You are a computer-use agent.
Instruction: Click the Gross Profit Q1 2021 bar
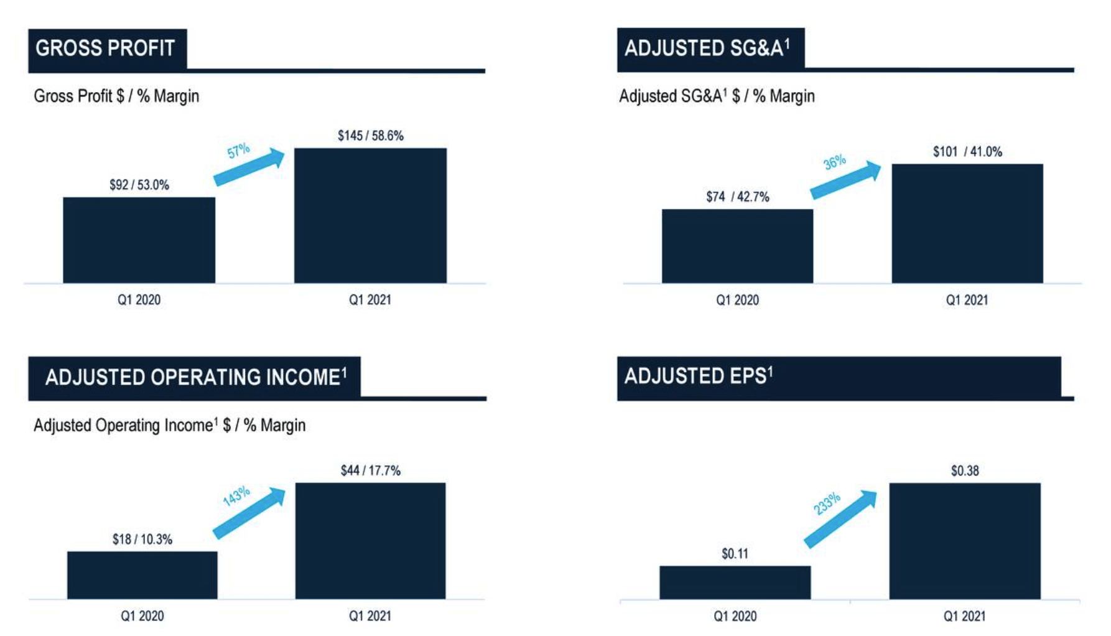click(370, 215)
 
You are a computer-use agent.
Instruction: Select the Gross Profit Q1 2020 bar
click(139, 240)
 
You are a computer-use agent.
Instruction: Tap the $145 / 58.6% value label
click(370, 136)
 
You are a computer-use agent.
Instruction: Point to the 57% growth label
click(238, 151)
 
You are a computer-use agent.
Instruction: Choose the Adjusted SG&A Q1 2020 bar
click(737, 246)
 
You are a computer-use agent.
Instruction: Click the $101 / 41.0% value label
click(967, 152)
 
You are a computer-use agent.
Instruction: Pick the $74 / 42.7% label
click(737, 197)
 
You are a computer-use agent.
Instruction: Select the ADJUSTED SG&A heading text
click(707, 49)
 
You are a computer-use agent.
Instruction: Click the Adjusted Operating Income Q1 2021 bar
click(370, 540)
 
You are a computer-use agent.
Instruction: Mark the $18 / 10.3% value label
click(142, 540)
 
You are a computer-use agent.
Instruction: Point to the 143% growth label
click(236, 496)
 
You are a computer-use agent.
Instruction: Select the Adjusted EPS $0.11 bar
click(735, 582)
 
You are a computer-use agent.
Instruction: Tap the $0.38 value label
click(965, 471)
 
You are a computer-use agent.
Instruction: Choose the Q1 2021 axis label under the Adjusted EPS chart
click(965, 616)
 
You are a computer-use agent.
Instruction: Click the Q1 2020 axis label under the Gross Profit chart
click(139, 300)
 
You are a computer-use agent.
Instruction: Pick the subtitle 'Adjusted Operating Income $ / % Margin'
click(169, 426)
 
